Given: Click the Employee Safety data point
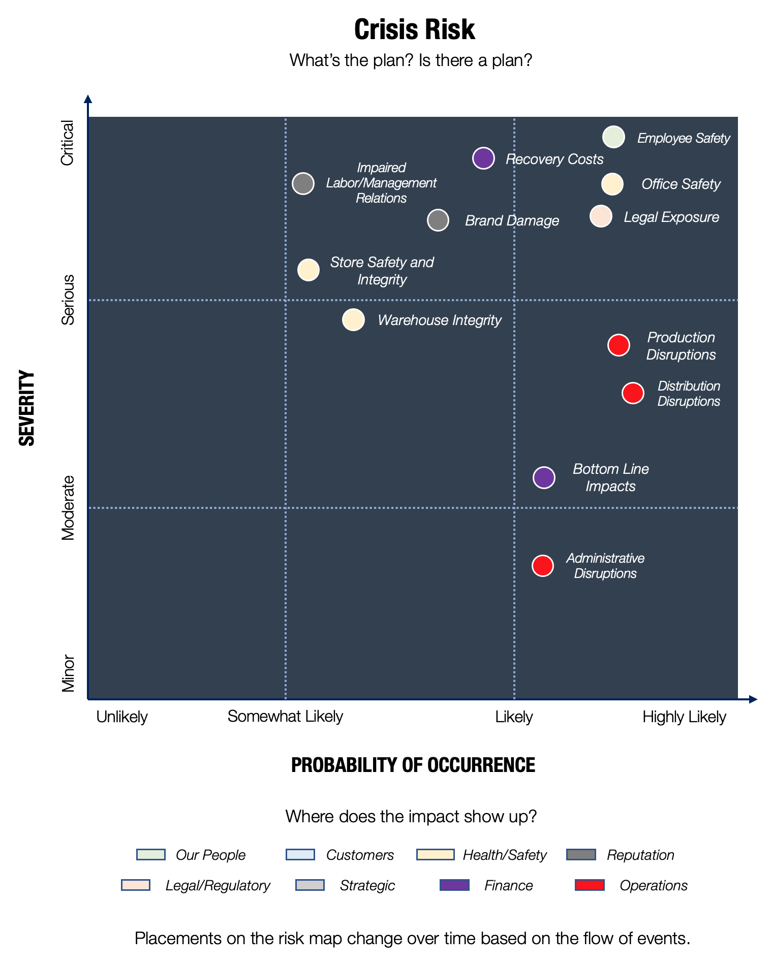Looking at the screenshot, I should (x=613, y=137).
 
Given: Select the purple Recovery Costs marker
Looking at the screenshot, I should (x=483, y=158).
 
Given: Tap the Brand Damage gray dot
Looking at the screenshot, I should (x=438, y=220).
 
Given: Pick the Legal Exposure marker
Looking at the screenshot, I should (x=601, y=216).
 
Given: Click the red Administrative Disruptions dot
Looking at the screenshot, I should (x=543, y=565).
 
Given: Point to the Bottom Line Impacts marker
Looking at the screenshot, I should (x=544, y=477).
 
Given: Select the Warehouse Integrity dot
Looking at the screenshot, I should (x=353, y=320).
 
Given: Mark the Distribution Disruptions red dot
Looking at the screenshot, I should (x=633, y=393).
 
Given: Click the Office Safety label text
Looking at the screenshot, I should (x=681, y=184).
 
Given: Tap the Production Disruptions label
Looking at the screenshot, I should (x=681, y=346).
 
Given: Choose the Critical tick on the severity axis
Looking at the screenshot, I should (x=68, y=143).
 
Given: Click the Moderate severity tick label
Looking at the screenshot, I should (x=68, y=507).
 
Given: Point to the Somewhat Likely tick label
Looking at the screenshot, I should (x=285, y=717).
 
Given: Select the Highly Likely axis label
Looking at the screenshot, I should (x=684, y=717).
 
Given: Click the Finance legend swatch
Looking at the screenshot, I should (x=454, y=885).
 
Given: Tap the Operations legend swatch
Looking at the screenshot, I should (x=590, y=885).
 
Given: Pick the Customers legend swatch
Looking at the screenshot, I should (x=300, y=855).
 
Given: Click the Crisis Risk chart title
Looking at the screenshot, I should (x=414, y=29).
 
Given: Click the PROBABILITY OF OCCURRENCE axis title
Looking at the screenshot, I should (x=413, y=765).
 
